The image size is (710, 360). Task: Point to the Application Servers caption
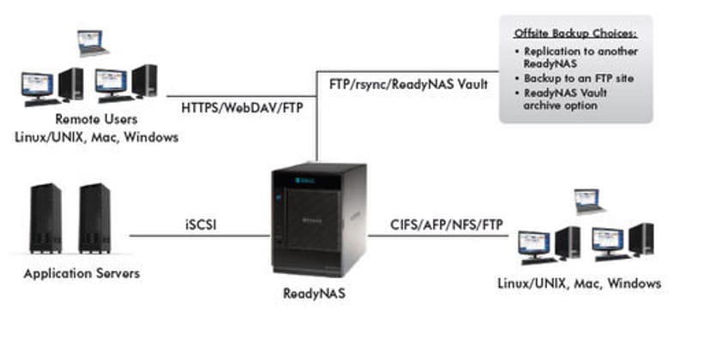(81, 273)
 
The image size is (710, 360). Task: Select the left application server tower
(45, 218)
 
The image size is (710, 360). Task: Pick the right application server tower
(94, 218)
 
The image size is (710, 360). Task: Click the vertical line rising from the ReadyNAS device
(317, 120)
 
